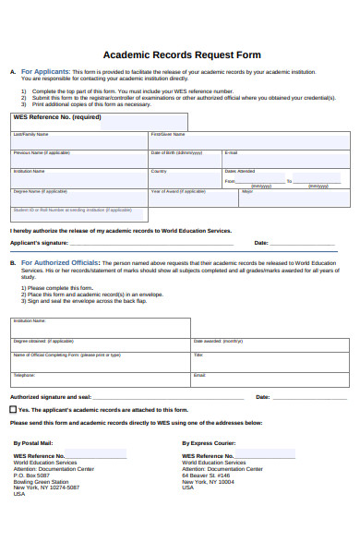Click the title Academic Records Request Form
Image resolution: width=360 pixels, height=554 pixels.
181,54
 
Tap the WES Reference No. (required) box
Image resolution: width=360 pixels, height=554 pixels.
99,121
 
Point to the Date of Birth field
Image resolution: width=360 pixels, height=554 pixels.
185,160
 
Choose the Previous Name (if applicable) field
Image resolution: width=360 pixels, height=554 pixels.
79,160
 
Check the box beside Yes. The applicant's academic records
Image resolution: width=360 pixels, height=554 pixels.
13,408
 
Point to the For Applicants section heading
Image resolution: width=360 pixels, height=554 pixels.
45,71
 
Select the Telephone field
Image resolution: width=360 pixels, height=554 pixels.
100,379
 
